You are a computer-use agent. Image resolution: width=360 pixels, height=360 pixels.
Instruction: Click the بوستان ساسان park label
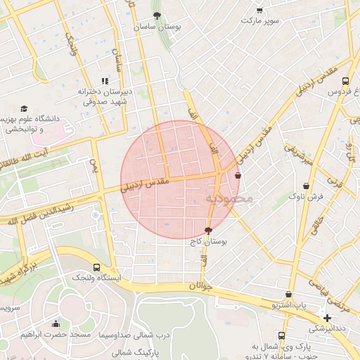point(159,26)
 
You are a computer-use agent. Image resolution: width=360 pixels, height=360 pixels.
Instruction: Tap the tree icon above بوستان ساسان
point(156,15)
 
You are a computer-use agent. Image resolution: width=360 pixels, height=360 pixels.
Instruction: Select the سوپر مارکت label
point(260,20)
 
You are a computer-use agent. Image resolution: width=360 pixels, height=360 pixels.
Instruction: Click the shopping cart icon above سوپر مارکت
point(259,10)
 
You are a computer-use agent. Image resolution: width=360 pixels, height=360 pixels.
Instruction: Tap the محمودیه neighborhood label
point(228,199)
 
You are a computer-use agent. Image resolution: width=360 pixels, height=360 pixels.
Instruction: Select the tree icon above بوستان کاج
point(208,230)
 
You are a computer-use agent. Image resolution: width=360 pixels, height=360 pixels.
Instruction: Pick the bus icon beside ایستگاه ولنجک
point(96,267)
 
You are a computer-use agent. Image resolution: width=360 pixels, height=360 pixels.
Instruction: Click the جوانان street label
point(200,286)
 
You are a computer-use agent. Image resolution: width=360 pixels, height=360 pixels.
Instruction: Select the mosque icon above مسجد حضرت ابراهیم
point(56,323)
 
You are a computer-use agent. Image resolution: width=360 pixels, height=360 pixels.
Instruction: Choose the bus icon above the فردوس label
point(345,81)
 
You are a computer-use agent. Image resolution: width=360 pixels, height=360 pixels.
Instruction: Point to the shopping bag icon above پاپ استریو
point(289,295)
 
